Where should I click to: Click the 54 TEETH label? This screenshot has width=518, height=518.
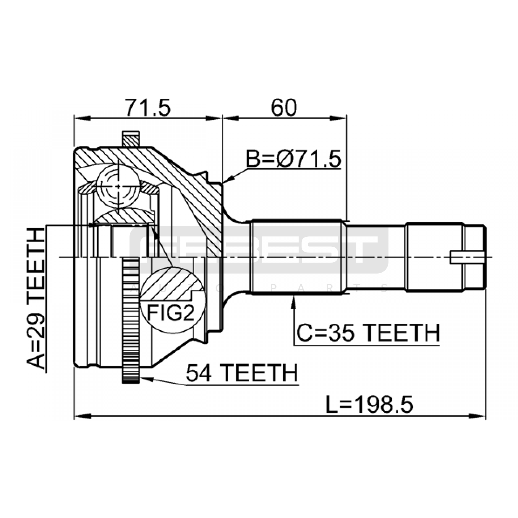(x=242, y=373)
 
